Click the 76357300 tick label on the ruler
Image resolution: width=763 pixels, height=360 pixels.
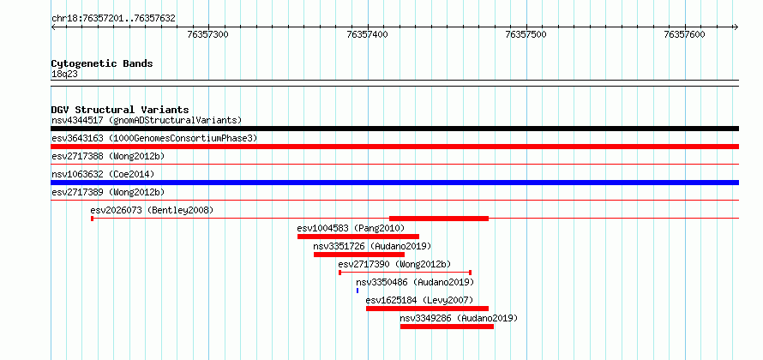(207, 34)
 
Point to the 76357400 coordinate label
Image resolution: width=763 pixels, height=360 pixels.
(367, 34)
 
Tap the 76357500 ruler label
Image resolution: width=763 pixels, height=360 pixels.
(526, 34)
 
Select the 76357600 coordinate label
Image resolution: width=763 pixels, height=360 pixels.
(685, 34)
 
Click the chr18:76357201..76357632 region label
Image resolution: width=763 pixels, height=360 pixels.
(113, 19)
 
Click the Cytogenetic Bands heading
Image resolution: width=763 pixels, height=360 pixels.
(102, 63)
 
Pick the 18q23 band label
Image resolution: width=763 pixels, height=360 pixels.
(64, 75)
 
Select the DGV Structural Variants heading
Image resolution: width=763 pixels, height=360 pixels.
(120, 110)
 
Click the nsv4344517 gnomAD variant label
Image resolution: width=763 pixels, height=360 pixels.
(147, 120)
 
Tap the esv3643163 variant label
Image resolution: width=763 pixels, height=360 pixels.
(154, 139)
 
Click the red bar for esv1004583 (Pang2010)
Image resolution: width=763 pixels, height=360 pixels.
(358, 237)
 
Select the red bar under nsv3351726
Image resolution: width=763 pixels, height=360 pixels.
(359, 255)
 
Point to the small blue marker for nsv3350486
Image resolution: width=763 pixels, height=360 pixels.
(357, 291)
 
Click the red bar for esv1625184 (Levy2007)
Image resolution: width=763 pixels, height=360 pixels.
(427, 309)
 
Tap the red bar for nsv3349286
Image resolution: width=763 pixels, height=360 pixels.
(447, 327)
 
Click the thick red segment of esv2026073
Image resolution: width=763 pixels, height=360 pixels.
(439, 219)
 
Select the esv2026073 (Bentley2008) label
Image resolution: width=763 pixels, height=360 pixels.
(152, 210)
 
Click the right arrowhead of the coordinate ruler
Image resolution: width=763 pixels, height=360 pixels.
(736, 27)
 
